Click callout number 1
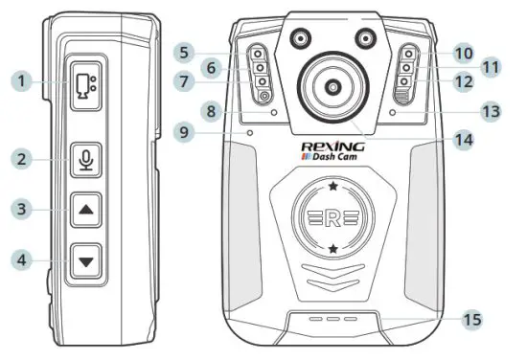click(x=18, y=81)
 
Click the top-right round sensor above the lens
click(x=363, y=38)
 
